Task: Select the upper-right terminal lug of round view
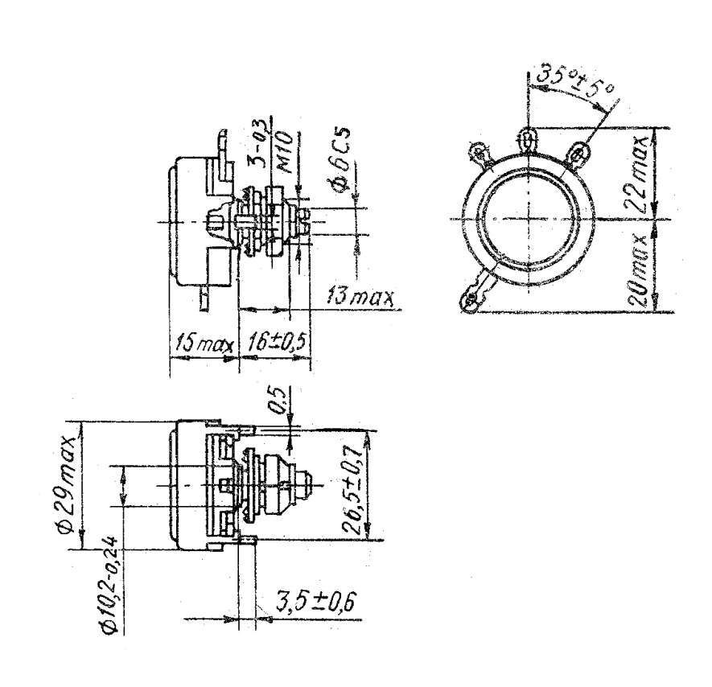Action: coord(578,150)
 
